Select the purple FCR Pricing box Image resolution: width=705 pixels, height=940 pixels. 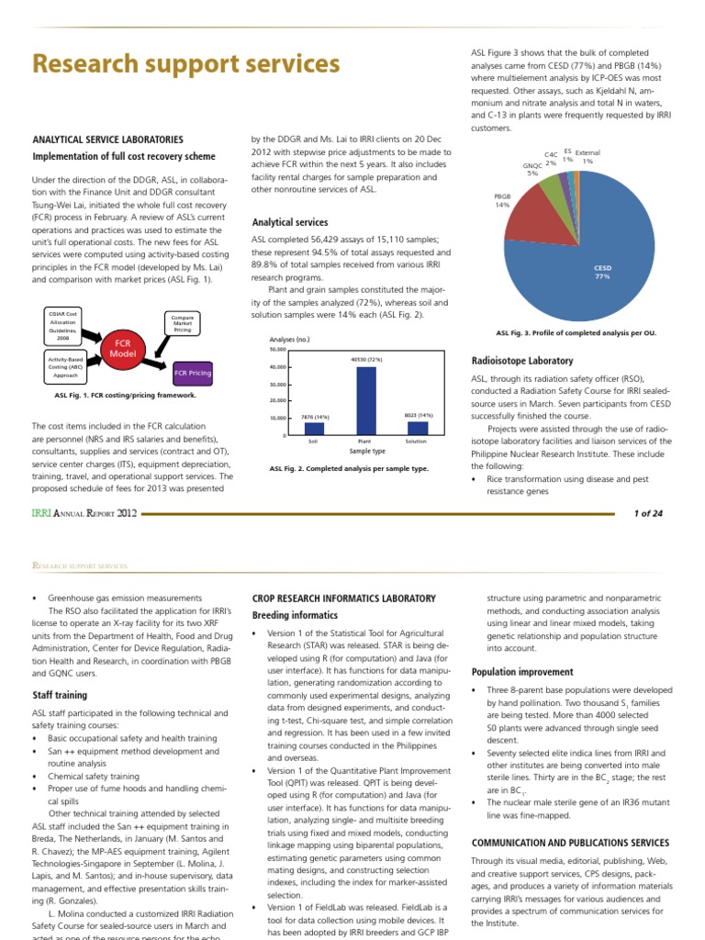point(192,374)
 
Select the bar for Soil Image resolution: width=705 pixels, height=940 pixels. point(314,428)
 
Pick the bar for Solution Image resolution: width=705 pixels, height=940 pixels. point(418,428)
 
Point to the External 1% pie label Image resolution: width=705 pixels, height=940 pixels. point(587,156)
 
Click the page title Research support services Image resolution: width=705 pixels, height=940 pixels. point(186,64)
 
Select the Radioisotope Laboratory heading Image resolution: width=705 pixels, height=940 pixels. point(521,361)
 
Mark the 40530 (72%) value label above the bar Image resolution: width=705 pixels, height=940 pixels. point(366,359)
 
